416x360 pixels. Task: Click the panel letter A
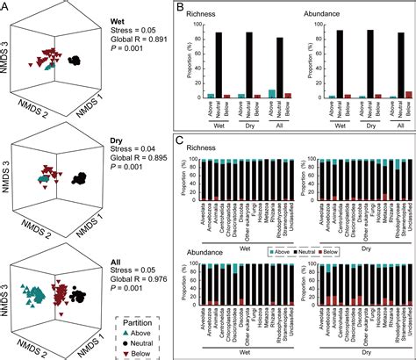pos(6,8)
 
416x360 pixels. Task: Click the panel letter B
pos(180,8)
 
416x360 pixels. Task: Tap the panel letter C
pos(180,140)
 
